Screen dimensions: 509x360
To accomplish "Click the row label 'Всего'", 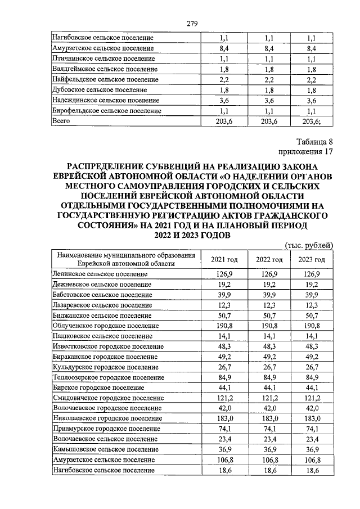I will click(x=61, y=120).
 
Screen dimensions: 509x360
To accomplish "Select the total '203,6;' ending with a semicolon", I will click(x=311, y=120).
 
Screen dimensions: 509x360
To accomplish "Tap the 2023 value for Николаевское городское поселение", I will click(x=311, y=418).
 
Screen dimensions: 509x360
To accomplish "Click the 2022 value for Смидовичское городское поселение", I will click(x=269, y=398).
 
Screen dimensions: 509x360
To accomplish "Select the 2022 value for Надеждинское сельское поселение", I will click(x=269, y=100).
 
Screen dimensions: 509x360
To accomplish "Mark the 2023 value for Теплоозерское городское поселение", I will click(x=311, y=377).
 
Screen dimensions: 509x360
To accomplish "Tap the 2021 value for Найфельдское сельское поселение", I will click(x=224, y=79).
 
